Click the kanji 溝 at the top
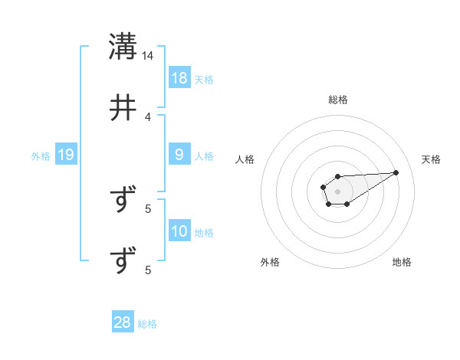tap(123, 47)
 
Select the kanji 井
tap(123, 108)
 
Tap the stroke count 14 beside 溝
tap(148, 56)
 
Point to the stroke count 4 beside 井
tap(148, 117)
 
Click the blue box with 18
tap(179, 77)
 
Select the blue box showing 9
tap(179, 155)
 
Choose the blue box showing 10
tap(179, 231)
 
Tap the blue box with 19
tap(66, 155)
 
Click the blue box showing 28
tap(123, 322)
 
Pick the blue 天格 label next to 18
tap(204, 79)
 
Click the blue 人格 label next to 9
tap(204, 156)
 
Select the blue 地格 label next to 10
tap(204, 233)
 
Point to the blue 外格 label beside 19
tap(41, 156)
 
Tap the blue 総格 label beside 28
tap(147, 324)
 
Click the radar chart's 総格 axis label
tap(338, 100)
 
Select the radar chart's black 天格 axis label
tap(431, 159)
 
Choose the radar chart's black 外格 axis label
tap(270, 262)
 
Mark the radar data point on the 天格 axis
tap(396, 172)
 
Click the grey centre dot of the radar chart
tap(337, 191)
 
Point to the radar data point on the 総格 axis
tap(337, 177)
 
